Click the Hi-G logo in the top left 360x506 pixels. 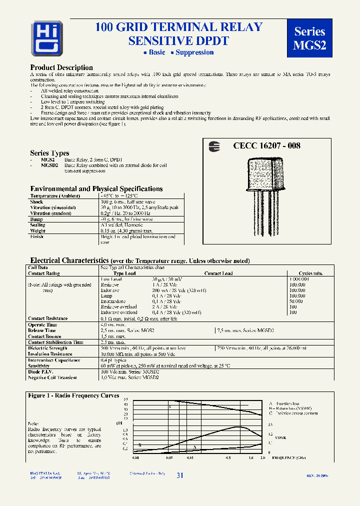[x=47, y=37]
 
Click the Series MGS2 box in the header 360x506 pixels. [x=310, y=38]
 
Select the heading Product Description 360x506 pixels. [x=61, y=67]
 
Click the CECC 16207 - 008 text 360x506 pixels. [x=266, y=146]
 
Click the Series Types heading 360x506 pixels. [x=49, y=153]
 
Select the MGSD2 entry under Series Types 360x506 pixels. [x=49, y=164]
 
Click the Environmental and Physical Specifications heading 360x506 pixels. [x=96, y=189]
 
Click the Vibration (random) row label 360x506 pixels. [x=53, y=213]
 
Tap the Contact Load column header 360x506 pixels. [x=218, y=273]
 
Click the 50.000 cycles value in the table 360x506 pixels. [x=296, y=301]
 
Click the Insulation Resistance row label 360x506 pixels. [x=50, y=354]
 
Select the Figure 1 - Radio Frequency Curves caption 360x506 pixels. [x=73, y=395]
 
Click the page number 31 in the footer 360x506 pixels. [x=180, y=475]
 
